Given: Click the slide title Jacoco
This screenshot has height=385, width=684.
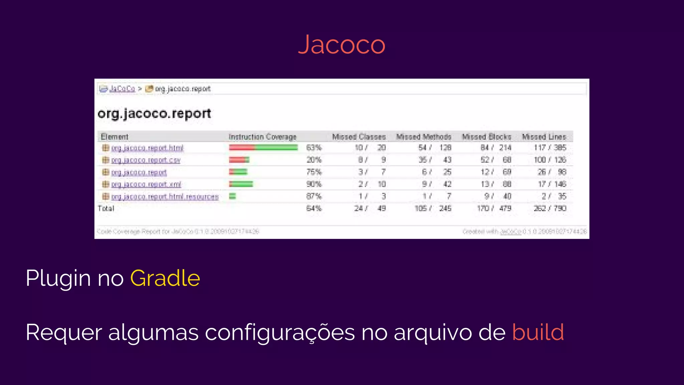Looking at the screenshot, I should (342, 44).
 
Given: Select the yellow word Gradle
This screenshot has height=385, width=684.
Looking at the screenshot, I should (165, 278).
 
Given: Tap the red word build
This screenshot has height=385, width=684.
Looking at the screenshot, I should (538, 332).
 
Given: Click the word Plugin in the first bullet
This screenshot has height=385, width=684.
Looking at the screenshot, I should (58, 278).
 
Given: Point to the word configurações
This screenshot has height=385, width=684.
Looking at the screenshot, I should (280, 333).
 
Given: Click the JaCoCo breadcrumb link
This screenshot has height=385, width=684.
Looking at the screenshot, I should (122, 89).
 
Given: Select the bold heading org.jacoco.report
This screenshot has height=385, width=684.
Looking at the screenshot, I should (154, 114).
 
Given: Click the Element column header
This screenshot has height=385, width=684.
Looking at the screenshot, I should (115, 137).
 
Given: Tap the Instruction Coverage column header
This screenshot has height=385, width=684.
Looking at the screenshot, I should (263, 137).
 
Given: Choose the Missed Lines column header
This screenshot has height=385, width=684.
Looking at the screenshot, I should (544, 137).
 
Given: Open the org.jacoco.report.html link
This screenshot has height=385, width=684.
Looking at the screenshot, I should (147, 148).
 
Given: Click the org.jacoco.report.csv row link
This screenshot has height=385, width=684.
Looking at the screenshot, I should (146, 160).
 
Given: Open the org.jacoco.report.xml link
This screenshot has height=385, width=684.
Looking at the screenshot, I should (146, 184).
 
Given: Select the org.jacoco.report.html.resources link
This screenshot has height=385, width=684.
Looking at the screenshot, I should (165, 197).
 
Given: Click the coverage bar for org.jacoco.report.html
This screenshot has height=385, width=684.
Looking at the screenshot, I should (263, 148).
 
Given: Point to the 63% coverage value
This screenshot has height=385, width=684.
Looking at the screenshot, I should (314, 148).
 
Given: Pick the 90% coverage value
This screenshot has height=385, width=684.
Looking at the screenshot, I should (314, 184).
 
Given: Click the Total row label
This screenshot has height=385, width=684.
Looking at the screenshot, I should (106, 209).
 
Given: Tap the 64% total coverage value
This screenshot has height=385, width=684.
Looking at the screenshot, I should (314, 209).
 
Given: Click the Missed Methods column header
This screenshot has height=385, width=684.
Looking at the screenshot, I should (424, 137).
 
